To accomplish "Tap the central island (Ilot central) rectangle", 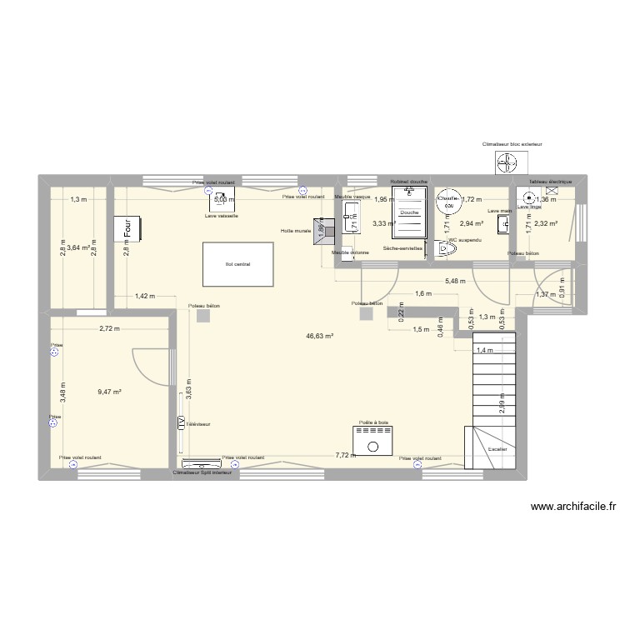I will point(237,264).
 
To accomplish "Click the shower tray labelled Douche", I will point(409,212).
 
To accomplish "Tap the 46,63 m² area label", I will point(319,336).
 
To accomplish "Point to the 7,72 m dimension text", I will point(344,455).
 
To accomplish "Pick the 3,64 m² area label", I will point(78,247).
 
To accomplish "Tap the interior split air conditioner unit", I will point(202,465).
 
